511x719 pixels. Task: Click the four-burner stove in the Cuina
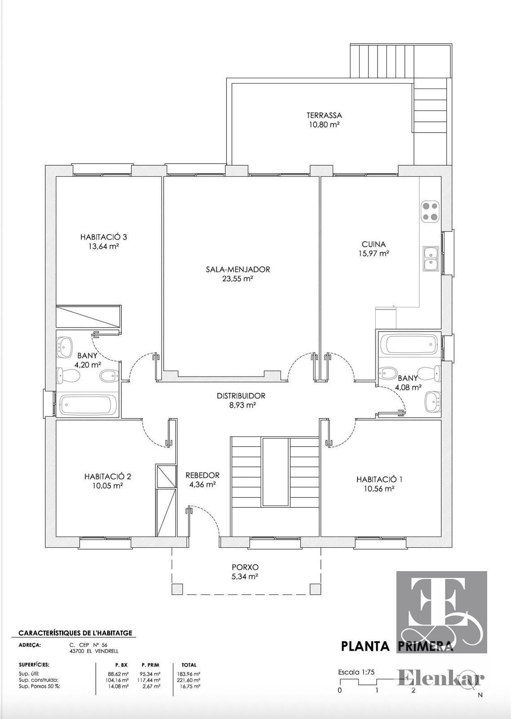430,211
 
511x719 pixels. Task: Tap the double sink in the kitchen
431,259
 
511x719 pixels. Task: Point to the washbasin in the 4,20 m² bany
66,346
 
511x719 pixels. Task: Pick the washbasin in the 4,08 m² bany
432,401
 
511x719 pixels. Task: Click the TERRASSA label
324,115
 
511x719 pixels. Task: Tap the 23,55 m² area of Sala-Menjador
238,279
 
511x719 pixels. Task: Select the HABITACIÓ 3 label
104,237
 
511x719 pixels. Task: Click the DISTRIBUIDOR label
241,396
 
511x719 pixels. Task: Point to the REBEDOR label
203,475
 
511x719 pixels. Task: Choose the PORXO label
245,567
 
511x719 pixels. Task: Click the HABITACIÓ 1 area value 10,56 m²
379,489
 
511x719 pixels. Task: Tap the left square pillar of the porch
177,588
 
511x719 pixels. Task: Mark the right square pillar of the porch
315,588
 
